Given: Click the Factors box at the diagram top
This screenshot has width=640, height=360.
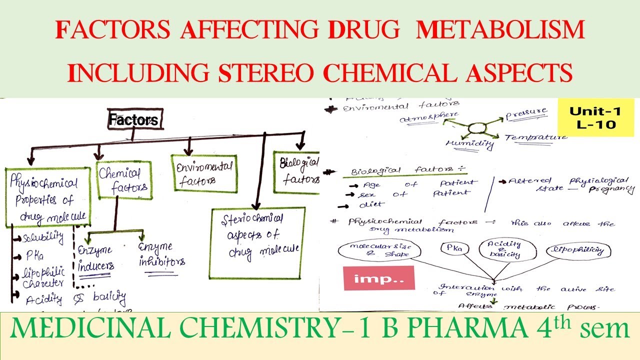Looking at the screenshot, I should [x=133, y=120].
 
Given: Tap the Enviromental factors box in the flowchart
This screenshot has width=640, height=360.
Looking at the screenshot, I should [x=203, y=173].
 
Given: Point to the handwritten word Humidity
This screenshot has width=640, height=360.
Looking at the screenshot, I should [x=470, y=144].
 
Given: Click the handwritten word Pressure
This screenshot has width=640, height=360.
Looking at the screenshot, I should [x=526, y=114].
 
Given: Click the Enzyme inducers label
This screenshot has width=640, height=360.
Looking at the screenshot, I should [x=96, y=257].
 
